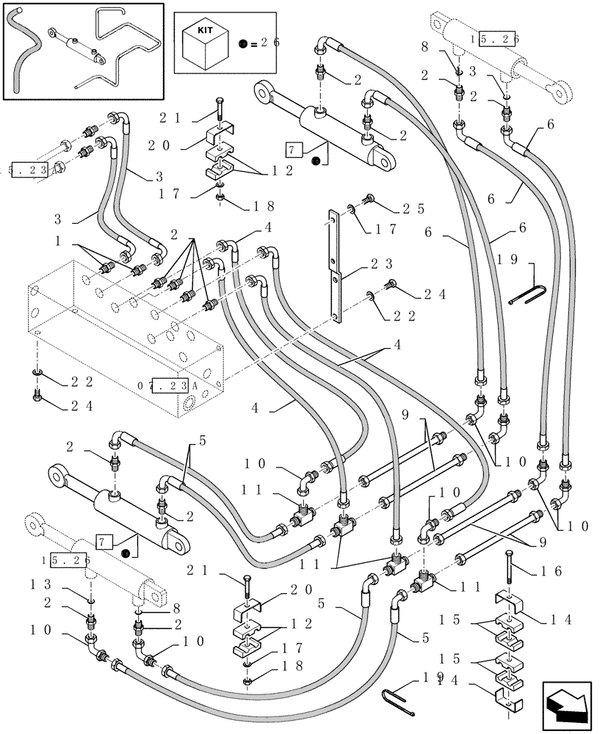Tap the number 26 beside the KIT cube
pos(265,43)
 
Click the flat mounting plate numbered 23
pos(335,265)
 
